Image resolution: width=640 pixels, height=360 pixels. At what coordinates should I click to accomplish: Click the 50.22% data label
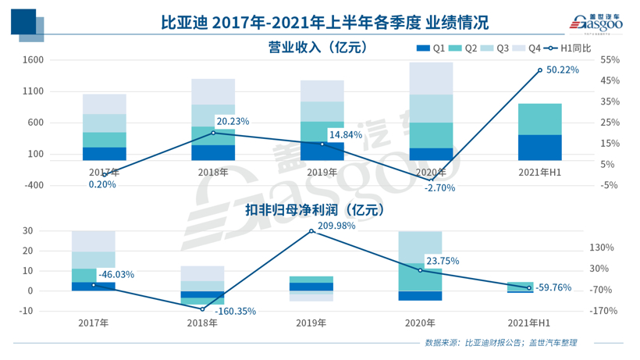pyautogui.click(x=562, y=70)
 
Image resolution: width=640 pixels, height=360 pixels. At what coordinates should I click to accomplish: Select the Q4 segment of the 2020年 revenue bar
pyautogui.click(x=430, y=78)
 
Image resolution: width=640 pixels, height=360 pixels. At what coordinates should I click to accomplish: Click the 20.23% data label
pyautogui.click(x=233, y=121)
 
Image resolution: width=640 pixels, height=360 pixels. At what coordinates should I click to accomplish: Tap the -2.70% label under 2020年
pyautogui.click(x=439, y=187)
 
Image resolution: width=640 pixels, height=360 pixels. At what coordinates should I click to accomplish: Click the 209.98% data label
pyautogui.click(x=336, y=226)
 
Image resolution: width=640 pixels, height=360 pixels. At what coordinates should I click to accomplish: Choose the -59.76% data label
pyautogui.click(x=554, y=287)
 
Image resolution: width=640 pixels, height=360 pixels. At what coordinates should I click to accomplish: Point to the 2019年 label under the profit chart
pyautogui.click(x=311, y=322)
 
